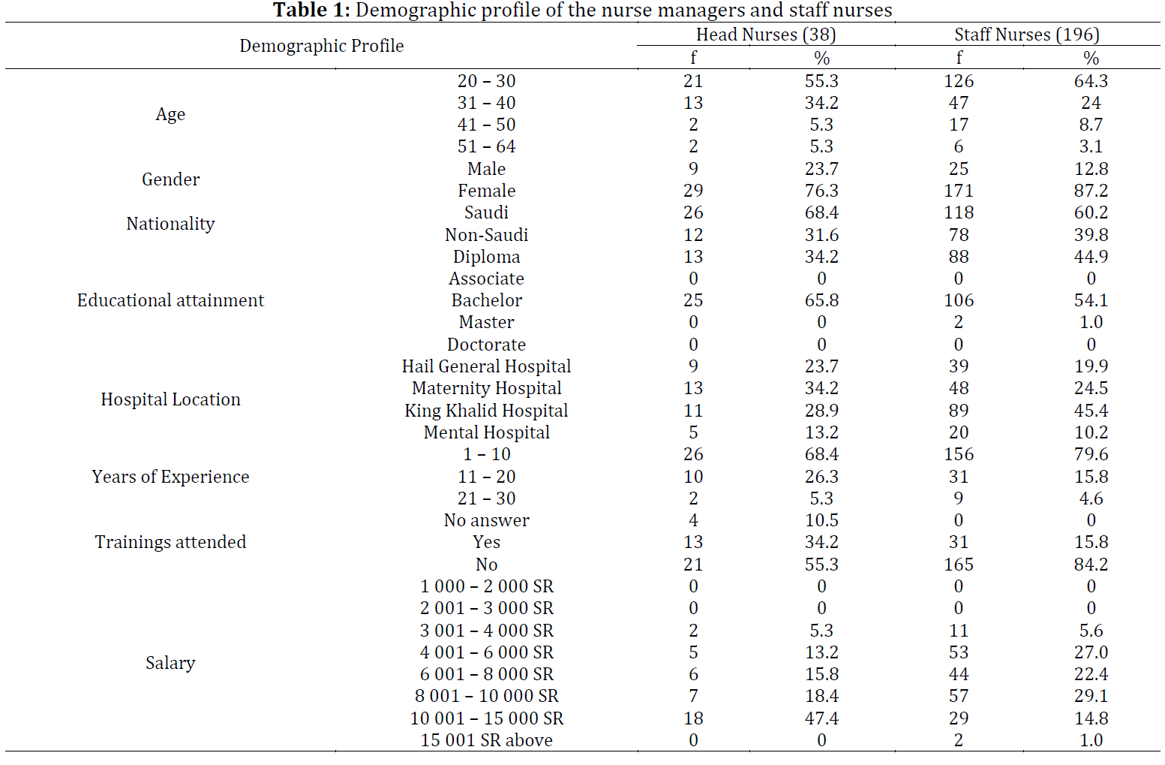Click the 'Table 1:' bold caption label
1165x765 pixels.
pos(312,10)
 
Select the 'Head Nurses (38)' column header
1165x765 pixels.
pos(766,35)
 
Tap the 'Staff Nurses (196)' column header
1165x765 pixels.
pos(1027,35)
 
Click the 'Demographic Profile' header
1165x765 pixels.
pos(321,46)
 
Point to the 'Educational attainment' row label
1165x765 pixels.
pos(170,300)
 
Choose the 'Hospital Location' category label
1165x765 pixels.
pos(170,399)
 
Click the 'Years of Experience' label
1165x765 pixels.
pos(170,477)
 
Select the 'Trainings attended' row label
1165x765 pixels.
pos(170,542)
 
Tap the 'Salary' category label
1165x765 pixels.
pos(170,663)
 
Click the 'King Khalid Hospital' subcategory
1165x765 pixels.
pos(486,411)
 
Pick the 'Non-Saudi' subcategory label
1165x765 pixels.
pos(486,235)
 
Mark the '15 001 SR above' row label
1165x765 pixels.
pos(486,740)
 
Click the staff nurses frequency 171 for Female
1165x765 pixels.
pos(959,191)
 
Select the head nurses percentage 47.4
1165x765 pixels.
pos(821,718)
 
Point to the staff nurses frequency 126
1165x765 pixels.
pos(959,80)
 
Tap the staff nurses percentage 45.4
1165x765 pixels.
pos(1091,411)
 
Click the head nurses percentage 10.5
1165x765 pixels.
pos(821,520)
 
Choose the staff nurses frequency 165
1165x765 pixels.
pos(959,564)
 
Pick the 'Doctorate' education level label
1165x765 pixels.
pos(486,345)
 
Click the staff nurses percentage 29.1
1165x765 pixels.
pos(1091,696)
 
